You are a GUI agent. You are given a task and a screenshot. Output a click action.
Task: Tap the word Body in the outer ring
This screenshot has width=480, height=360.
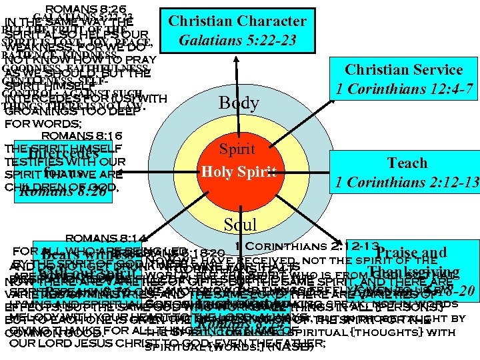(x=239, y=103)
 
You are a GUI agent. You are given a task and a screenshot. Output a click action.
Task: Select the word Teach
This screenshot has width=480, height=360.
(x=407, y=163)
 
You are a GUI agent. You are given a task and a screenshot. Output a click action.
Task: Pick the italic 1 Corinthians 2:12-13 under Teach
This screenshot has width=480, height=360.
(x=407, y=181)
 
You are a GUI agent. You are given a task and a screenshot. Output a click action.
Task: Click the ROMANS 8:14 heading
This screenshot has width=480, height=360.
(x=93, y=237)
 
